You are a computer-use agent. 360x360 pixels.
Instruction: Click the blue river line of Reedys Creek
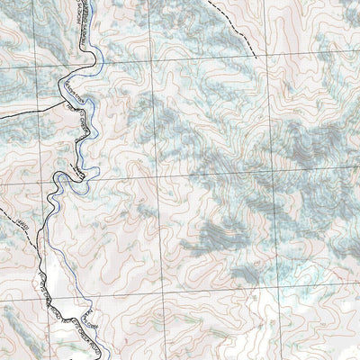[97, 63]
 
